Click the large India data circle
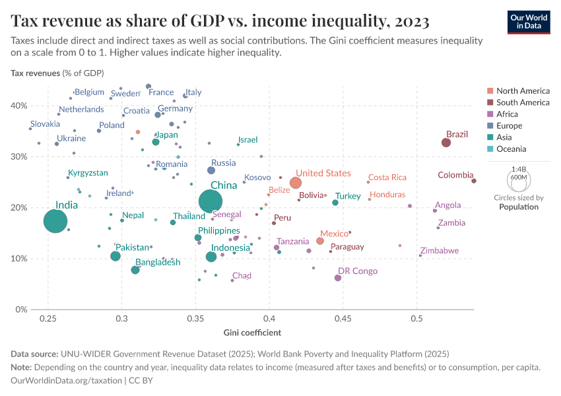pyautogui.click(x=55, y=221)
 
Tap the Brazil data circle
pyautogui.click(x=446, y=143)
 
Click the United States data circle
pyautogui.click(x=296, y=183)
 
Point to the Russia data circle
pyautogui.click(x=211, y=170)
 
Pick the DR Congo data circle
pyautogui.click(x=338, y=278)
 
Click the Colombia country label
pyautogui.click(x=455, y=175)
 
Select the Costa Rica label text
pyautogui.click(x=387, y=178)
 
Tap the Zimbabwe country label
pyautogui.click(x=439, y=251)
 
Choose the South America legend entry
pyautogui.click(x=523, y=102)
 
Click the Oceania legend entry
pyautogui.click(x=512, y=149)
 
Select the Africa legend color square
pyautogui.click(x=490, y=114)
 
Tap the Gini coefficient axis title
pyautogui.click(x=252, y=332)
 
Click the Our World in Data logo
pyautogui.click(x=529, y=21)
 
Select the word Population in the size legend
pyautogui.click(x=519, y=207)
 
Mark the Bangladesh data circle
pyautogui.click(x=135, y=270)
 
